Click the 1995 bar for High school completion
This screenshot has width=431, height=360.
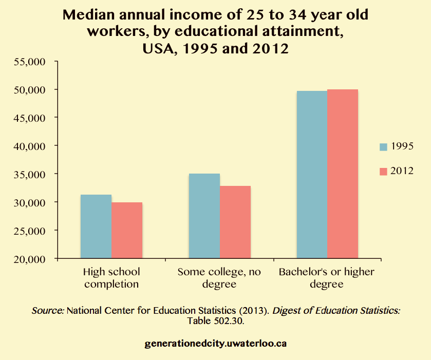[96, 226]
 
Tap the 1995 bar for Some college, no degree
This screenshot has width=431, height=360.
[204, 216]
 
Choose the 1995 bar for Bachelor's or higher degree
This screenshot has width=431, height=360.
[312, 175]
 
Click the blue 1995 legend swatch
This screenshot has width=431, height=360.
[383, 147]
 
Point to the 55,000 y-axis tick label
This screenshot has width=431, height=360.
[31, 62]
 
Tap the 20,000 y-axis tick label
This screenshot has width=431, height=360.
[31, 259]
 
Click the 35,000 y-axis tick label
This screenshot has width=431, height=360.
[31, 174]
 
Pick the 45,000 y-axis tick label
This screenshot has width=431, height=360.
[31, 118]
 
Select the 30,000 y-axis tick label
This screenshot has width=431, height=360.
[31, 202]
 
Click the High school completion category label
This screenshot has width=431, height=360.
[111, 277]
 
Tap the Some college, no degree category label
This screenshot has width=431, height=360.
[219, 277]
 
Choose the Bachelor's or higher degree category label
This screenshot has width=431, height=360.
[327, 277]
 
